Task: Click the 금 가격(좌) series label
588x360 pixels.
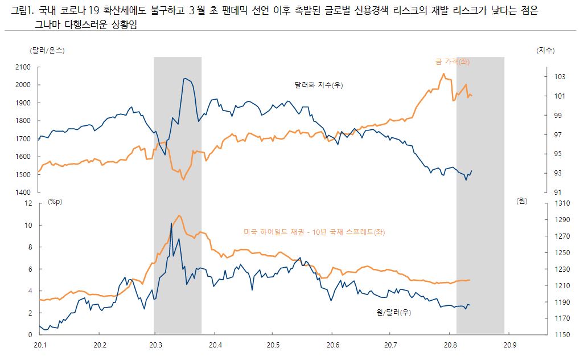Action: coord(452,62)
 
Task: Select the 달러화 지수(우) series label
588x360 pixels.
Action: coord(319,85)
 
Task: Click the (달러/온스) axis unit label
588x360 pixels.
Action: coord(47,50)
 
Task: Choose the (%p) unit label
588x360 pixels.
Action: coord(54,201)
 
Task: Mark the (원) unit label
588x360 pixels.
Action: coord(522,201)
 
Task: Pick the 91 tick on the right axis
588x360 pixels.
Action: coord(542,193)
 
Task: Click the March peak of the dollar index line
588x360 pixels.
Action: coord(184,78)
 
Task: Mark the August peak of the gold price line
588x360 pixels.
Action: coord(444,73)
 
